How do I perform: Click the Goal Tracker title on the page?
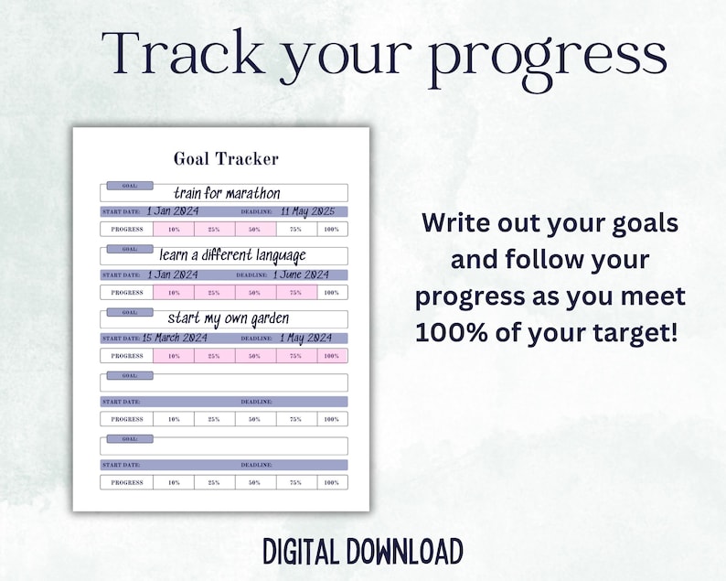click(226, 159)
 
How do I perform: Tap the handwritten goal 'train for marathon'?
click(227, 193)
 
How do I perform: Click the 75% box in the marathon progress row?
click(295, 230)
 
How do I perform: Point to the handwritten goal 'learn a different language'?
click(232, 255)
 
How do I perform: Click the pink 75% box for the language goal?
click(295, 293)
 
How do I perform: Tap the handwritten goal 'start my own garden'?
click(228, 318)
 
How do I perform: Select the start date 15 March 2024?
click(175, 338)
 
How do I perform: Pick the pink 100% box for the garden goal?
click(331, 356)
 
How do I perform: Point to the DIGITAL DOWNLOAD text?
click(362, 552)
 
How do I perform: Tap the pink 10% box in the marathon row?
click(174, 230)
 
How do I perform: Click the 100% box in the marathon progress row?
click(331, 230)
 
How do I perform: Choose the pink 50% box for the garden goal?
click(254, 356)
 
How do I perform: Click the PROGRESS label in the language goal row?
click(127, 293)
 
